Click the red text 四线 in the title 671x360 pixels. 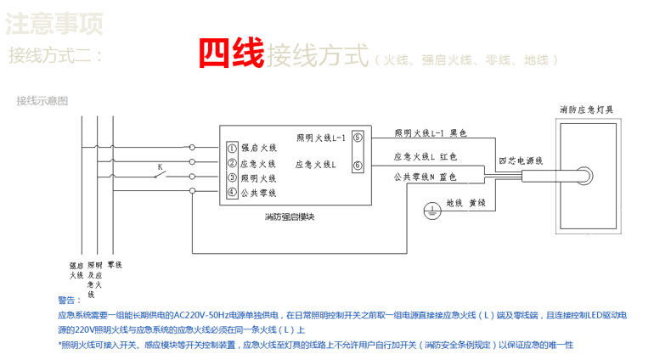pos(231,54)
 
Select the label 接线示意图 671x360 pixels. pos(42,101)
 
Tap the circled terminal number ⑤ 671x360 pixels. pos(358,137)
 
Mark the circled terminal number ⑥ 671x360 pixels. pos(358,165)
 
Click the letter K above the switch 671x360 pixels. pos(159,166)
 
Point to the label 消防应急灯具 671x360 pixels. pos(586,110)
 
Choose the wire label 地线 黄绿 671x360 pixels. pos(464,203)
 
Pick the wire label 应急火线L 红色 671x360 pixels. pos(427,157)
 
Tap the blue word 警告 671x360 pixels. pos(69,300)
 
